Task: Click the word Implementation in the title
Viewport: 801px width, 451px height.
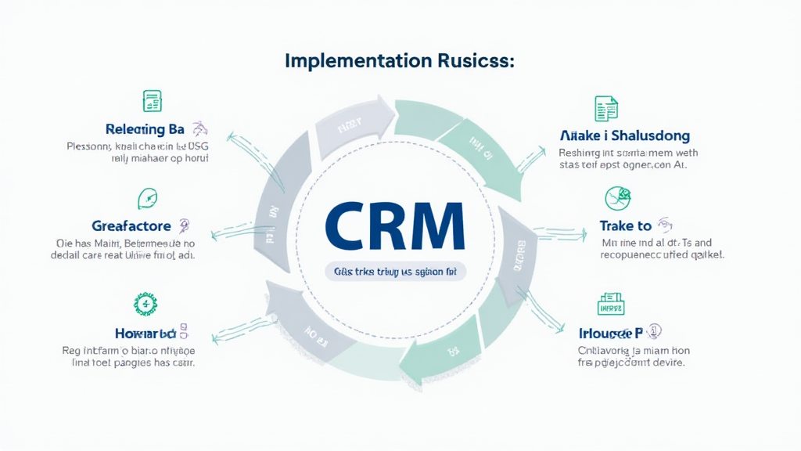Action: pyautogui.click(x=350, y=61)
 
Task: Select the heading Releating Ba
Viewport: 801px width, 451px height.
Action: pyautogui.click(x=145, y=129)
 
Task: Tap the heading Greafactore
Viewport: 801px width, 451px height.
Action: pyautogui.click(x=131, y=226)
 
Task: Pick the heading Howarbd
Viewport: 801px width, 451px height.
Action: pyautogui.click(x=142, y=332)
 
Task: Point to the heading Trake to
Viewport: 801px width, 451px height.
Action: pyautogui.click(x=625, y=225)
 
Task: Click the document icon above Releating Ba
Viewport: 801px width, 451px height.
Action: pyautogui.click(x=152, y=101)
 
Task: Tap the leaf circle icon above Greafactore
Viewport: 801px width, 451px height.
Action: pyautogui.click(x=147, y=198)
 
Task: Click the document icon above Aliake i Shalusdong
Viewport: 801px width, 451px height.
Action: pyautogui.click(x=606, y=107)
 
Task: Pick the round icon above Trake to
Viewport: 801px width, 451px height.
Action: pyautogui.click(x=617, y=198)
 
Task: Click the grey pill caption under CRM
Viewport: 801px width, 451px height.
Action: pyautogui.click(x=394, y=271)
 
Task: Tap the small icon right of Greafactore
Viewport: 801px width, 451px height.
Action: pyautogui.click(x=184, y=226)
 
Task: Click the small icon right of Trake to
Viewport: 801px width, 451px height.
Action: pyautogui.click(x=665, y=225)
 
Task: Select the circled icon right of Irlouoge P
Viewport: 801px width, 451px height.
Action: pyautogui.click(x=655, y=331)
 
